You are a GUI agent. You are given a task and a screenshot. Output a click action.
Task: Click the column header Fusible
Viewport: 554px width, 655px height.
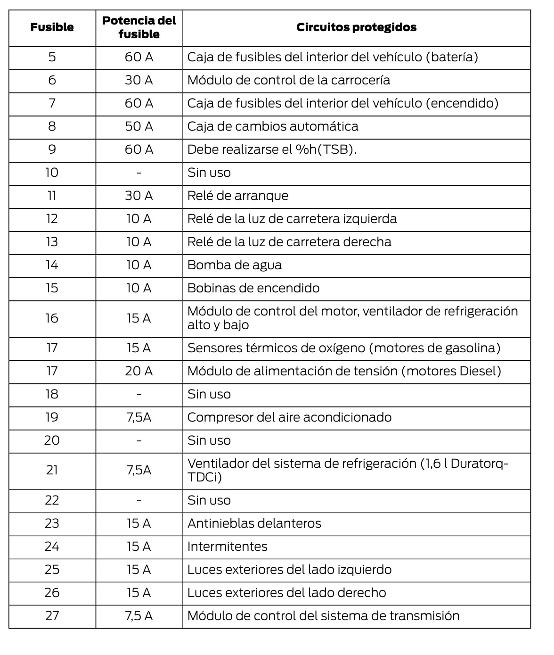pos(52,27)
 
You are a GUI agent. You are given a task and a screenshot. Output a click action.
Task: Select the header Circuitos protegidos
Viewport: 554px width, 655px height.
pos(356,27)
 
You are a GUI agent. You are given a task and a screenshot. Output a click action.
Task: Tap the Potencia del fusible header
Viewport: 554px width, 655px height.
pos(139,27)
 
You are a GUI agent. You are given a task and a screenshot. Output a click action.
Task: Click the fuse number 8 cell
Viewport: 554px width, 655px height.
pos(52,126)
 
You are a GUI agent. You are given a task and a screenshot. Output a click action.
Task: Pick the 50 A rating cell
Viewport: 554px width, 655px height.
pos(139,126)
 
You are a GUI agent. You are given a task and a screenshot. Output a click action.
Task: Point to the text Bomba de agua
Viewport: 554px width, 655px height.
pos(234,265)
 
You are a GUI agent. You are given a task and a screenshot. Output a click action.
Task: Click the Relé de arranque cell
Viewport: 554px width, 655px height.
pos(237,196)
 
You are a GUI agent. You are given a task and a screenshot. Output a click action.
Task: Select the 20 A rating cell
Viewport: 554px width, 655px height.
pos(139,371)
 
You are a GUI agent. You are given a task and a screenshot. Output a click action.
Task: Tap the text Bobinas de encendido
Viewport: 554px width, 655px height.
pos(253,288)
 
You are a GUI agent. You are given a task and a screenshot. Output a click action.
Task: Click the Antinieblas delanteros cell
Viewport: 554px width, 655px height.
pos(254,523)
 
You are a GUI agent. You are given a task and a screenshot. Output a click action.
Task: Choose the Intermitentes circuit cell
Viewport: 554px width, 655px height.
pos(227,547)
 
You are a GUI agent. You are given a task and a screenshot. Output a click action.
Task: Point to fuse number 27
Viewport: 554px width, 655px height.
pos(52,616)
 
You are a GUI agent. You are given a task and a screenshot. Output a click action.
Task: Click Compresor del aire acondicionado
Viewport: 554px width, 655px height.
pos(289,417)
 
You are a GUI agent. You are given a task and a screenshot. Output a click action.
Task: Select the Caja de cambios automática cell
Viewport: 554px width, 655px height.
pos(272,126)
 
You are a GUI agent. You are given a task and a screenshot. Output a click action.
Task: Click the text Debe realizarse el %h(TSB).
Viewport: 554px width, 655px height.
pos(272,149)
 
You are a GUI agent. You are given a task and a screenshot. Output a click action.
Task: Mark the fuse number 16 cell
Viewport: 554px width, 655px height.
pos(52,318)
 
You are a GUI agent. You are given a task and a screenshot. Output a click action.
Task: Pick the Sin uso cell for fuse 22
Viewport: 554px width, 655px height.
pos(209,500)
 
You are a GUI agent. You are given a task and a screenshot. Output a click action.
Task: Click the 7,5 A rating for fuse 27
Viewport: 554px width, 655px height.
pos(139,616)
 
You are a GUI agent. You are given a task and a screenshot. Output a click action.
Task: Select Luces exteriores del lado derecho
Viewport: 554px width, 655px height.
pos(286,593)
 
